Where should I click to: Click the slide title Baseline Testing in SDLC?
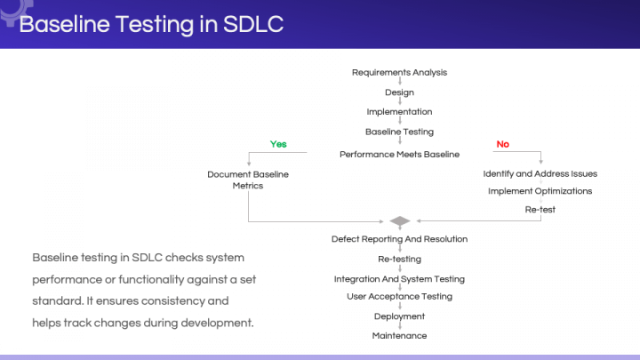[151, 24]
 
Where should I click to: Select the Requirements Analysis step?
[399, 73]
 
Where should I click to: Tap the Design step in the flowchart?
[399, 92]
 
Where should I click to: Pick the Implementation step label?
[399, 112]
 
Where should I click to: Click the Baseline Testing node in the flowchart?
[399, 132]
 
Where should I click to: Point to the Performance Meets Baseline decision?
[399, 154]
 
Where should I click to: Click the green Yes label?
[278, 144]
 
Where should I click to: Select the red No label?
[502, 144]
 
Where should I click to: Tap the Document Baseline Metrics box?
[248, 180]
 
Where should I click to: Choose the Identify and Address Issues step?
[540, 173]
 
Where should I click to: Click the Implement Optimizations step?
[540, 190]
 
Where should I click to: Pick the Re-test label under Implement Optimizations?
[540, 210]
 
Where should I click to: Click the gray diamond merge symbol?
[399, 220]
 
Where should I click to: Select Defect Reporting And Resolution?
[399, 239]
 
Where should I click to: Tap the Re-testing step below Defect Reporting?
[399, 260]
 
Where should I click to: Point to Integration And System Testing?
[399, 279]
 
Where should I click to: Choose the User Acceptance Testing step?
[399, 296]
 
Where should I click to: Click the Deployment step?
[399, 316]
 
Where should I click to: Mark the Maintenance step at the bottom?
[399, 336]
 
